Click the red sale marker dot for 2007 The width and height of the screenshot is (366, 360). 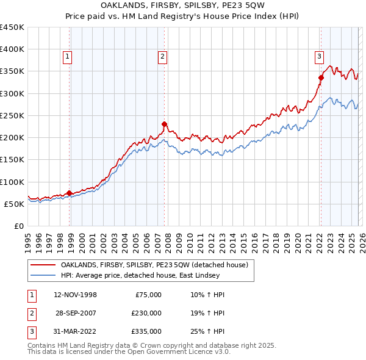point(164,124)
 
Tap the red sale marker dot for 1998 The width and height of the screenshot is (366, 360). point(69,193)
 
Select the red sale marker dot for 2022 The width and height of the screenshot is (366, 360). point(321,77)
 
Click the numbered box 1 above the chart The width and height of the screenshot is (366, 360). point(67,57)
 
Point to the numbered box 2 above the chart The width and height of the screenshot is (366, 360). point(163,57)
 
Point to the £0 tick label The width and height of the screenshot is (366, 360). point(19,226)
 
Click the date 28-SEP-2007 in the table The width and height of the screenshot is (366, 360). point(76,313)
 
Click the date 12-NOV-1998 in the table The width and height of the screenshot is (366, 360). point(76,295)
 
